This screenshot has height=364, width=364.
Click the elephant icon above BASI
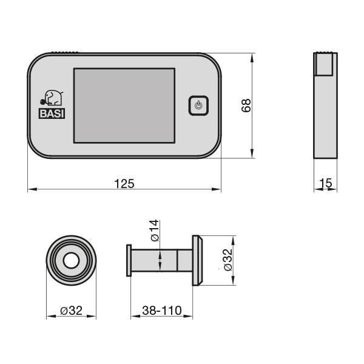[x=52, y=98]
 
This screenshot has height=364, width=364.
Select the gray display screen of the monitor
[x=124, y=106]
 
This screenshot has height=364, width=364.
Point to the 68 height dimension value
[x=246, y=106]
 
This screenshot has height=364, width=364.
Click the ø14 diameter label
[x=154, y=231]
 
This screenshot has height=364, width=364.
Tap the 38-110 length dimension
[x=161, y=311]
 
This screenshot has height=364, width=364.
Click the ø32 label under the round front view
[x=71, y=311]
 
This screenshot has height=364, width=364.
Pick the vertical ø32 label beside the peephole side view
[x=227, y=260]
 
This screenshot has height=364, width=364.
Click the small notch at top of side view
[x=325, y=64]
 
